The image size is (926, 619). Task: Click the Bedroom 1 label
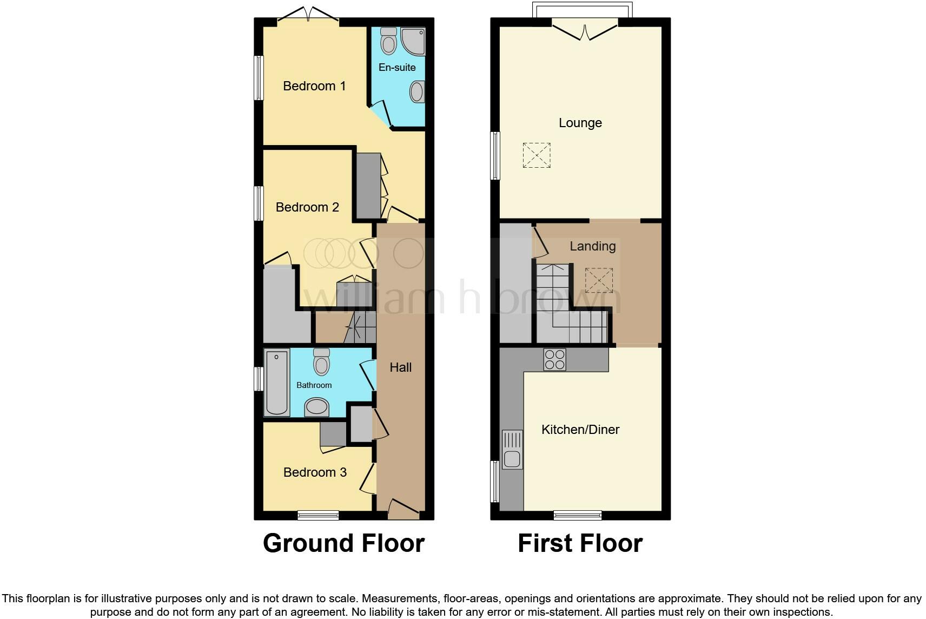coord(314,86)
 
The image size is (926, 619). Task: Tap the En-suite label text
coord(397,68)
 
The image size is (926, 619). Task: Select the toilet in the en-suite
coord(388,41)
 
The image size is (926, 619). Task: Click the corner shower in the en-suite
coord(414,41)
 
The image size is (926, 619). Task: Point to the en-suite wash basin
coord(417,91)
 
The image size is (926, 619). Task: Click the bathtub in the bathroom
coord(276,382)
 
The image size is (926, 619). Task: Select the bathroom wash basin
coord(316,407)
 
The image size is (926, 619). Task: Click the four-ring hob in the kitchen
coord(554,359)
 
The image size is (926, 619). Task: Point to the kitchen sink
coord(512,450)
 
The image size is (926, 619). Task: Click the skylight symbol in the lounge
coord(537,155)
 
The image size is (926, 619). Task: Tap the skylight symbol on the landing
coord(599,280)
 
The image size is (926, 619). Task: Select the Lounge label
coord(580,123)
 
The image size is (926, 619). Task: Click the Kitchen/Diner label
coord(580,430)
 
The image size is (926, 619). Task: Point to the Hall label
coord(401,367)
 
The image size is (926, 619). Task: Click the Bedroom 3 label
coord(315,472)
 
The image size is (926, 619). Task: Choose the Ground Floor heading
coord(343,543)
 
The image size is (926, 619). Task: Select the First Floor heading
coord(580,543)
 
